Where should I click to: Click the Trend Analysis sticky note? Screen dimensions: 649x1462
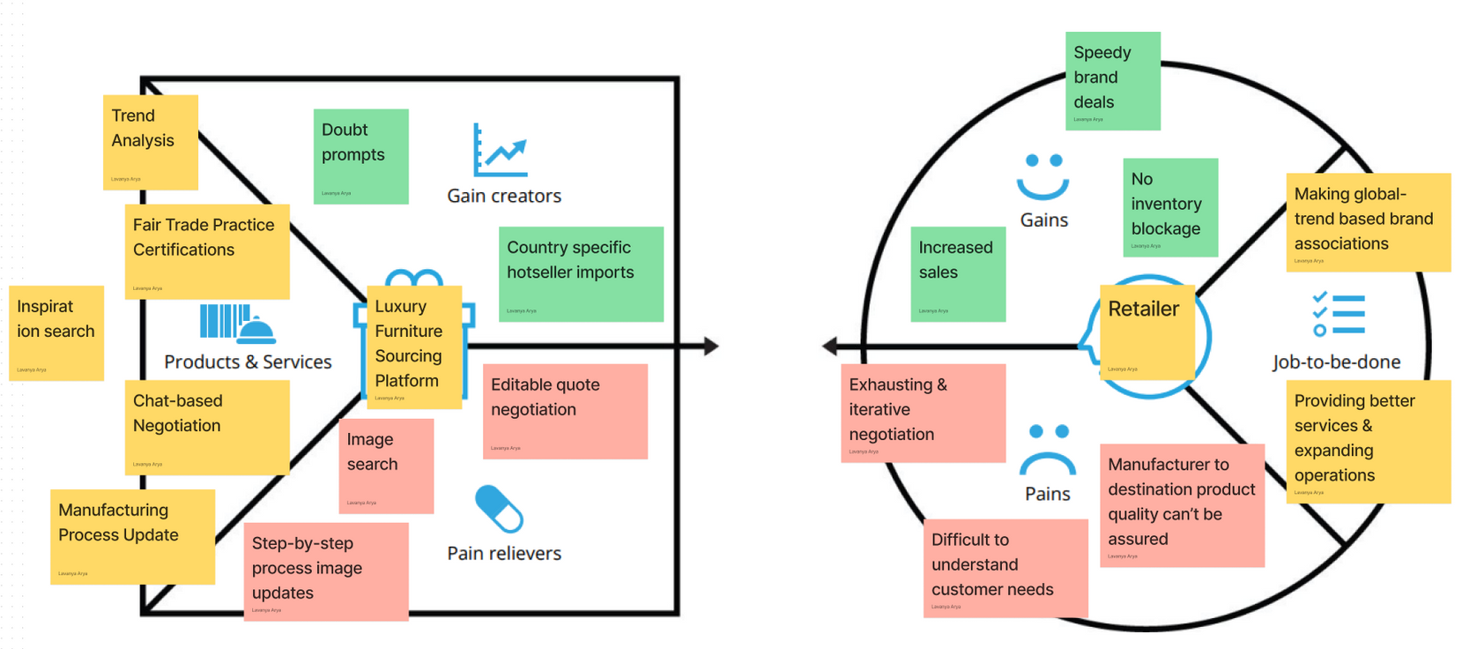click(151, 142)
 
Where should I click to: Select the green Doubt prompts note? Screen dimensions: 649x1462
click(360, 156)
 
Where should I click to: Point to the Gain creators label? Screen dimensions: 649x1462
click(504, 196)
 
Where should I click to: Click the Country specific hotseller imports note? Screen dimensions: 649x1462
click(581, 273)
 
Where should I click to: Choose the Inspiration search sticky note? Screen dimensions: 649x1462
click(56, 332)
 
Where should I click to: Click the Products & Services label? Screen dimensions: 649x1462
click(248, 362)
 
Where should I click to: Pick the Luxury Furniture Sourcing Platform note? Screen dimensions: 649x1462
click(413, 347)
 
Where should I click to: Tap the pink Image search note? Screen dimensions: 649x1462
click(386, 466)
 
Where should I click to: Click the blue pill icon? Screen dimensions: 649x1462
click(499, 509)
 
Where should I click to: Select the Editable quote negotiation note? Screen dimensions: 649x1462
click(565, 411)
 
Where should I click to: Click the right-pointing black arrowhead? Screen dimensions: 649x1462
click(711, 347)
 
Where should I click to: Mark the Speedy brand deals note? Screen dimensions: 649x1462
click(1112, 81)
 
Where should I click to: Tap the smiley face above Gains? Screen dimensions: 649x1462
click(1043, 176)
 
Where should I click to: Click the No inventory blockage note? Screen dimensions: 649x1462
click(1170, 207)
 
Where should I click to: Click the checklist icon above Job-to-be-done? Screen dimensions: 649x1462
click(1338, 314)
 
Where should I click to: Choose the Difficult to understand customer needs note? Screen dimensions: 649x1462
click(1006, 568)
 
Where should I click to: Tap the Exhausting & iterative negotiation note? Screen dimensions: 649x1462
click(923, 413)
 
